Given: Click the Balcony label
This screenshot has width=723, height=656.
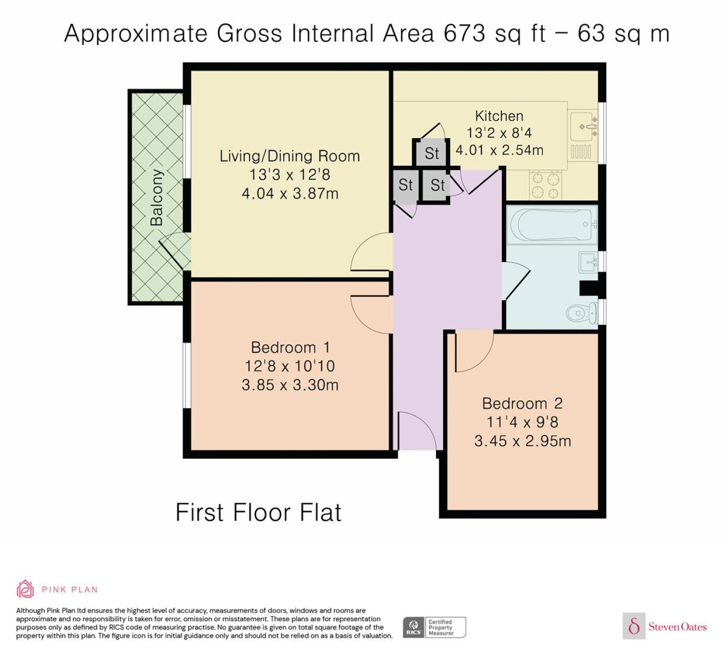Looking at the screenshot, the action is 157,198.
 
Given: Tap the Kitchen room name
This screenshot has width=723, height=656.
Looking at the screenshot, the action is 499,116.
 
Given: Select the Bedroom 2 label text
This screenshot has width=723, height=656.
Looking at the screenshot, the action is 522,403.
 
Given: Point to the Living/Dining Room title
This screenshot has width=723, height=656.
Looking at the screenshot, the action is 290,156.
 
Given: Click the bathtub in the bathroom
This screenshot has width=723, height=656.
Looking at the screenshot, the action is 552,225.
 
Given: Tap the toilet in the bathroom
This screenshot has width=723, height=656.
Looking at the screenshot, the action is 582,313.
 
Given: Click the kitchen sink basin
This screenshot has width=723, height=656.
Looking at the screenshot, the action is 582,126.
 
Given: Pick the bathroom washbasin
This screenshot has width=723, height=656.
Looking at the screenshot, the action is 588,262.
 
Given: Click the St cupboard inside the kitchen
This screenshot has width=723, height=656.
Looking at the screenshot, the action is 431,153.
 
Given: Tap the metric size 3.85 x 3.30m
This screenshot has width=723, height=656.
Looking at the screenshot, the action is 290,385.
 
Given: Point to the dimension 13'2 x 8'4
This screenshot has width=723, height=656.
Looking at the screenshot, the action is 499,133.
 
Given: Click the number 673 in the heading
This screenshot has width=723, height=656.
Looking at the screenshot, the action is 464,34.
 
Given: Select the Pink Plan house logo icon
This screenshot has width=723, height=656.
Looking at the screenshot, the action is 25,589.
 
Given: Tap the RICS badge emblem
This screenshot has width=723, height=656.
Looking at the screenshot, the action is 413,627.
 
